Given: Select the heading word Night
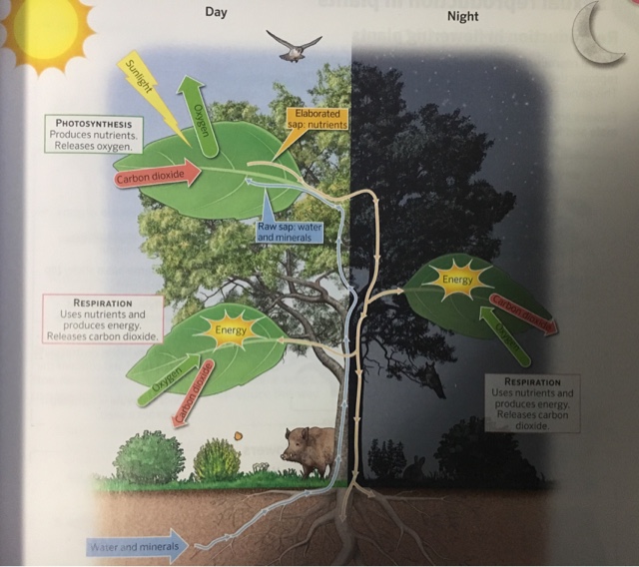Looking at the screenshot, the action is coord(462,16).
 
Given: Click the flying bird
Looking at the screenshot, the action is coord(294,45).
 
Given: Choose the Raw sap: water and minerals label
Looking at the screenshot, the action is coord(286,232).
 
